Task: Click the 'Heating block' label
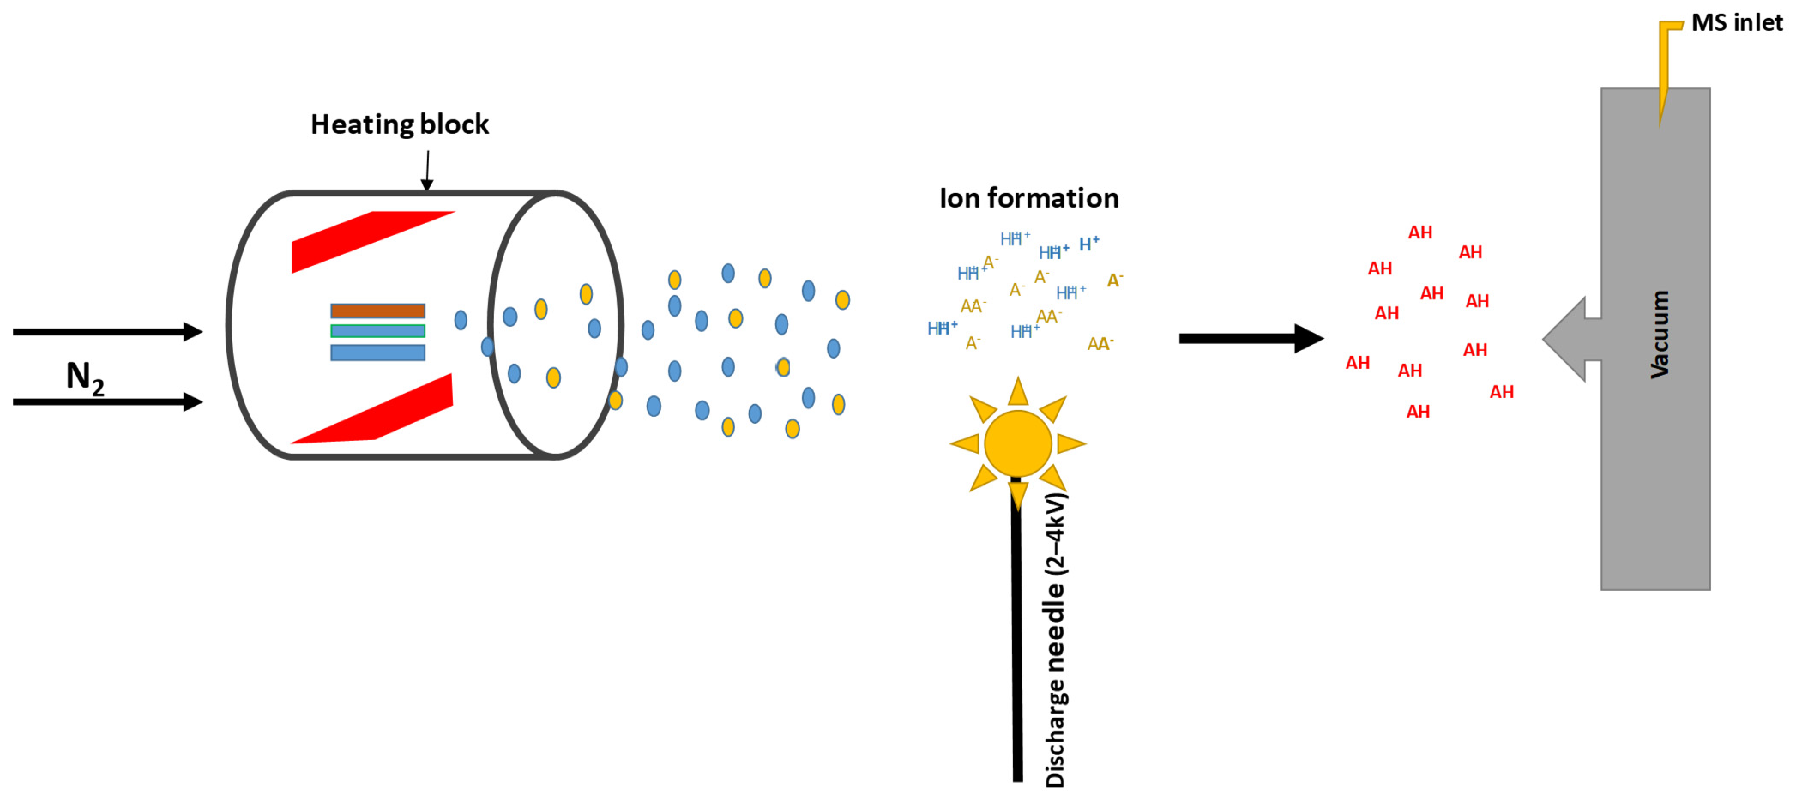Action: point(400,125)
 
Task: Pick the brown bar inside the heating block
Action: point(377,311)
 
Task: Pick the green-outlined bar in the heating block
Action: point(377,331)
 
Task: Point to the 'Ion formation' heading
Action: point(1029,199)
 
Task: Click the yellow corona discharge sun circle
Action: point(1018,443)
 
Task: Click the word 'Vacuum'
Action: point(1659,334)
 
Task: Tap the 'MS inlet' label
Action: point(1737,23)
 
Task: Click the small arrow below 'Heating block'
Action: point(428,171)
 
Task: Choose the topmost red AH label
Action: point(1420,232)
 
